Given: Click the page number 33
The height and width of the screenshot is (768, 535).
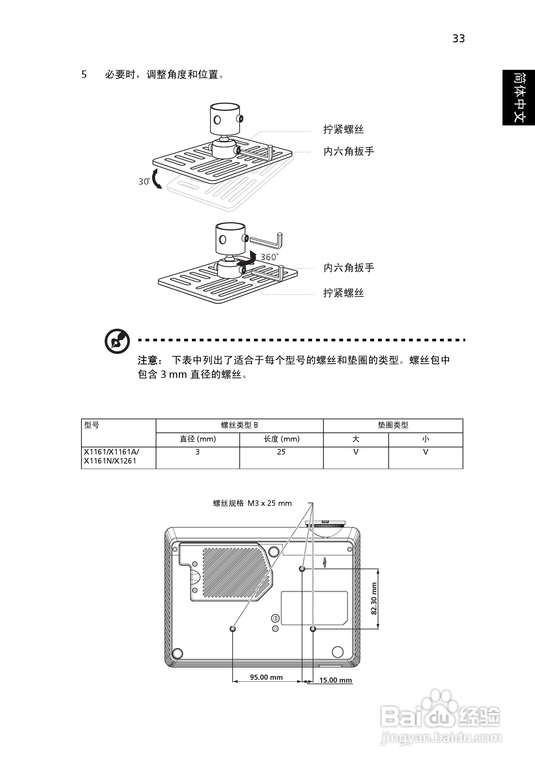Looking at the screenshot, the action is [x=458, y=39].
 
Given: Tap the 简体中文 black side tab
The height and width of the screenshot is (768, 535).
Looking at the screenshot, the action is [x=519, y=97].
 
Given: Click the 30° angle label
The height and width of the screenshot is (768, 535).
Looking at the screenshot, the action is [x=144, y=181].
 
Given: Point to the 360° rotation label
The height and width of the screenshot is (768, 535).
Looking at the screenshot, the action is [x=269, y=257].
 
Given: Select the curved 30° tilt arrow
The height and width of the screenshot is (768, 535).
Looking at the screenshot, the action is [x=155, y=179].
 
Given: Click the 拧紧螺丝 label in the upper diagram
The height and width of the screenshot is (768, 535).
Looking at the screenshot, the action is [x=343, y=129].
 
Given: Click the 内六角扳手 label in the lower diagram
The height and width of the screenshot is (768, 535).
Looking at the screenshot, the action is [x=349, y=268].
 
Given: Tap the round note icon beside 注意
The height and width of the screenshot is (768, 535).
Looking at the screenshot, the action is [x=117, y=341].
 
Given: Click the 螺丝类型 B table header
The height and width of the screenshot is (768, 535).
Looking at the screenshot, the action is [x=239, y=425].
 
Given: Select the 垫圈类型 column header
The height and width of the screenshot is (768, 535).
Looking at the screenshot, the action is [x=393, y=425].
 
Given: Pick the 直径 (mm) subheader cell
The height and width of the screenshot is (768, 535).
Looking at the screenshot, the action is [x=198, y=439].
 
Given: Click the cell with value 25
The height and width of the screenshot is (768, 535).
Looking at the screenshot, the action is [x=281, y=452].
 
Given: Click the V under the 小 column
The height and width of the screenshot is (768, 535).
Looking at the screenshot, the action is [x=425, y=452].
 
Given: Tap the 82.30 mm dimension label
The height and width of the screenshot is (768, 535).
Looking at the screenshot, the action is [x=374, y=598].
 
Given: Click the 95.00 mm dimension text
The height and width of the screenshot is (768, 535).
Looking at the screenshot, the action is [x=266, y=677].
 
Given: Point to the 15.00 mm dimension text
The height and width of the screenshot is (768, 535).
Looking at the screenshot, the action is [x=335, y=680].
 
